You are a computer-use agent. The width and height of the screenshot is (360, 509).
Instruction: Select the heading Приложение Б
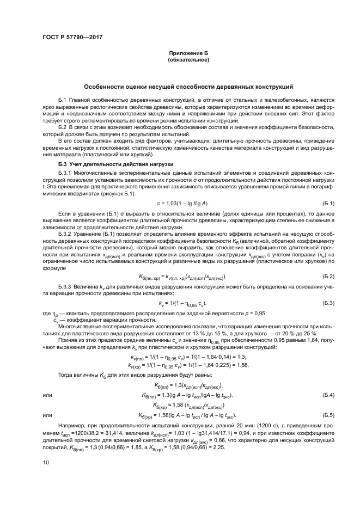[188, 53]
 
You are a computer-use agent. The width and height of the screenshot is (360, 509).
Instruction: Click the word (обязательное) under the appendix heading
[188, 60]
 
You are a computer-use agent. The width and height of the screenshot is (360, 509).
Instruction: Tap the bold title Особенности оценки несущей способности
[188, 87]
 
